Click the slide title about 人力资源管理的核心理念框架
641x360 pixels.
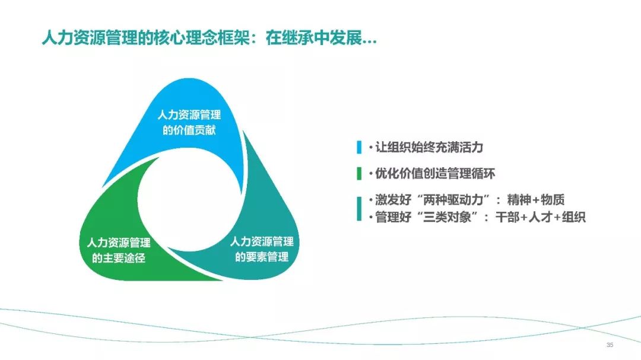209,38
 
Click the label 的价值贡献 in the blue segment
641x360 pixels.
189,130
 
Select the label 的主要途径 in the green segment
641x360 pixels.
119,258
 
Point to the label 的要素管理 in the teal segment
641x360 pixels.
262,257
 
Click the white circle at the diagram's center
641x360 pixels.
189,199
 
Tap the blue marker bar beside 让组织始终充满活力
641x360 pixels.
359,147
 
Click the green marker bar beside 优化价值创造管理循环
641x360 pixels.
359,173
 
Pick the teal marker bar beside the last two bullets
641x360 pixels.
359,208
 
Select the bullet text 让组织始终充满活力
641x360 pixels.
429,147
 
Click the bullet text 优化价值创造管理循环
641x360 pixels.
435,173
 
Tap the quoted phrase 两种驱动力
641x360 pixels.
456,200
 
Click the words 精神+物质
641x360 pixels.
535,200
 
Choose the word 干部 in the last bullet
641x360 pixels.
507,217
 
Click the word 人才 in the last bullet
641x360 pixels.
541,217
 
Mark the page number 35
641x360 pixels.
610,345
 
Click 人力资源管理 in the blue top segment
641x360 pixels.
189,115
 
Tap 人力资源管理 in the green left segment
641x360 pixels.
119,243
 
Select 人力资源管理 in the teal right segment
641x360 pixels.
262,241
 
